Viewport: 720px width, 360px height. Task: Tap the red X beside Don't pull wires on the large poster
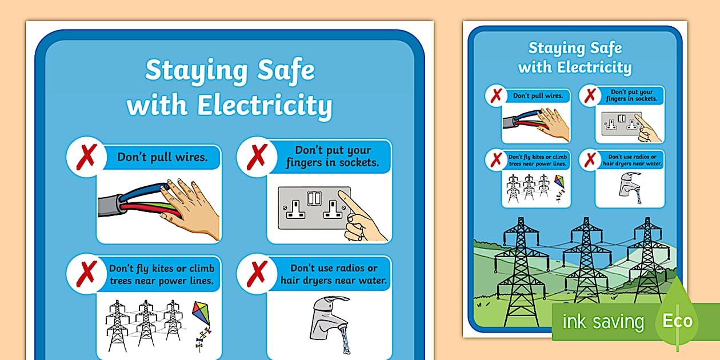[x=86, y=156]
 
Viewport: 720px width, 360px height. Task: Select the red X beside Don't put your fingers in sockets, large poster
[x=257, y=156]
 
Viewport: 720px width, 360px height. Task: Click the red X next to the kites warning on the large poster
[x=86, y=273]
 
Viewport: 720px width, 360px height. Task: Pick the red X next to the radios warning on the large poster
[x=257, y=273]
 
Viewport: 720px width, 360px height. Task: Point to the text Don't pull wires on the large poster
[x=162, y=157]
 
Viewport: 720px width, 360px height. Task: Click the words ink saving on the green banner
[x=603, y=322]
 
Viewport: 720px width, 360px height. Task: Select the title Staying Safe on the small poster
[x=575, y=48]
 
